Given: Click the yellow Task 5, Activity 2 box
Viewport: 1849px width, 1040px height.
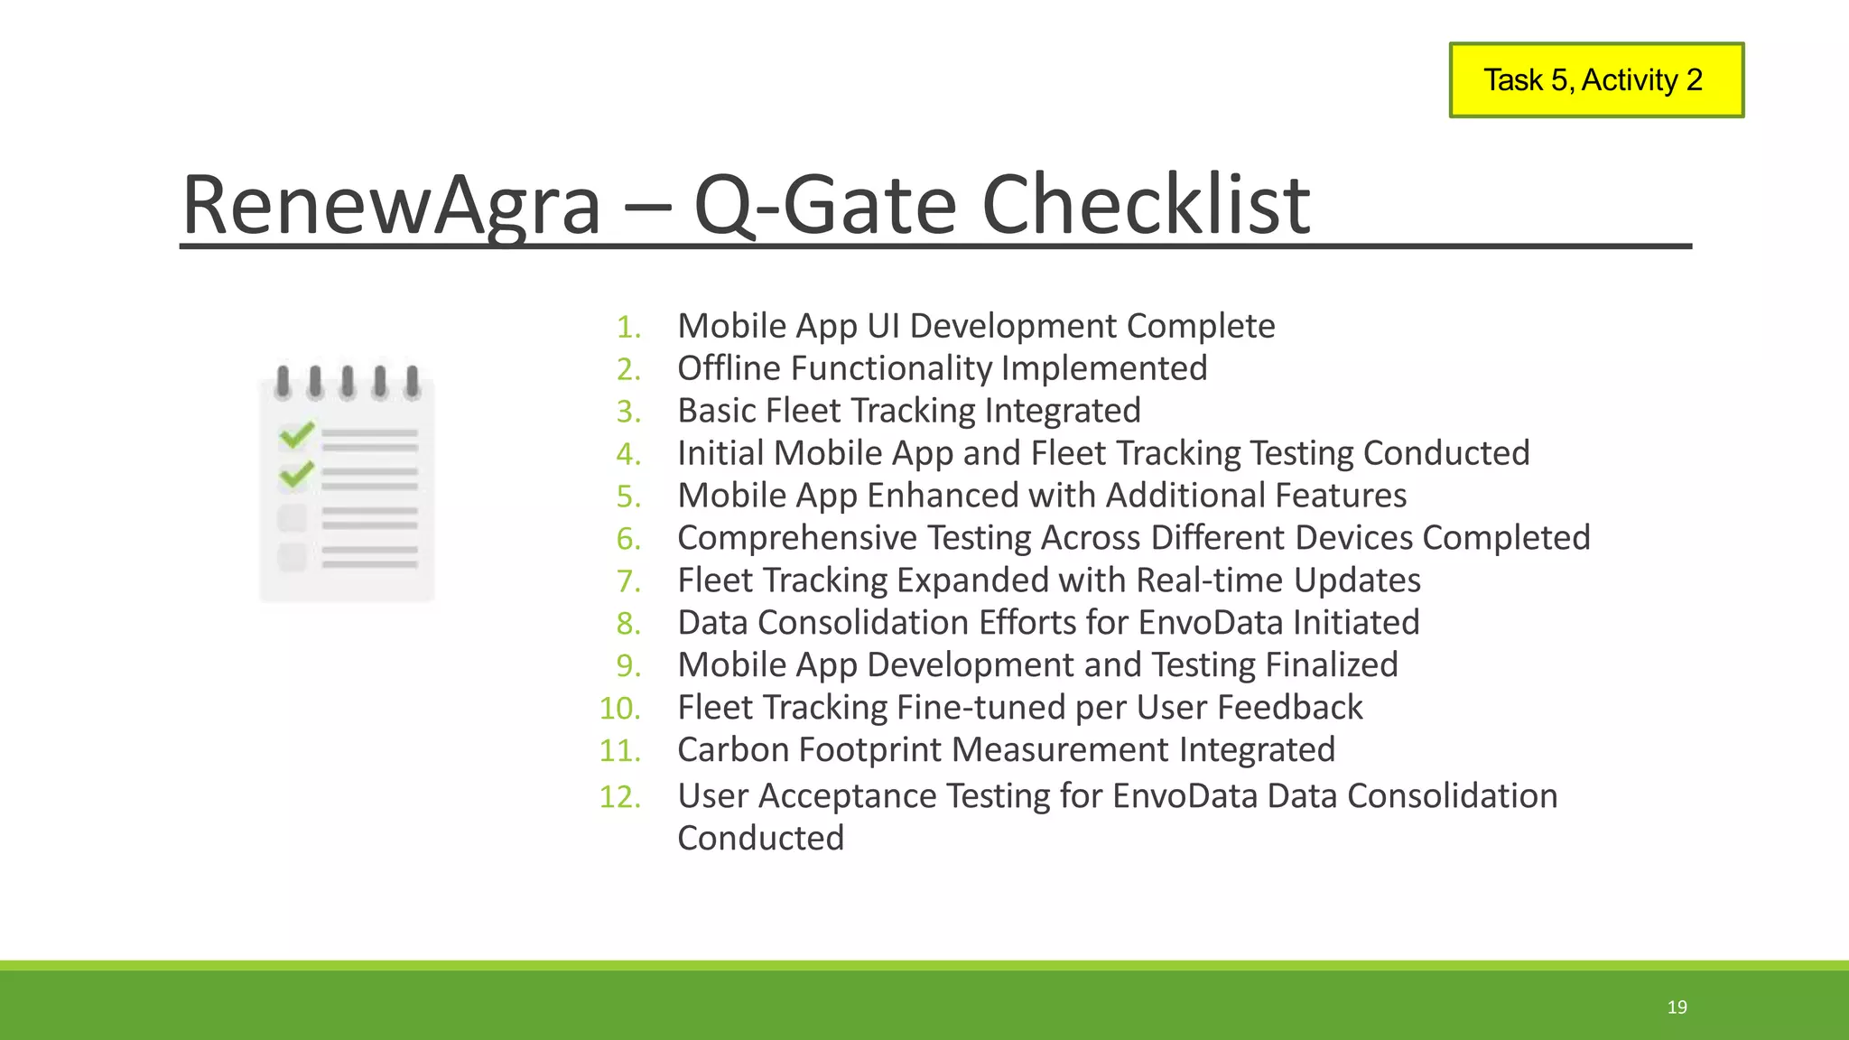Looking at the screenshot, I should point(1595,80).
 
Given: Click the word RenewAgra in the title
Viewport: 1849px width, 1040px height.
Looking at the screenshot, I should point(391,205).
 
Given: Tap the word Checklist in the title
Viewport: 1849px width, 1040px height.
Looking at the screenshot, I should point(1145,205).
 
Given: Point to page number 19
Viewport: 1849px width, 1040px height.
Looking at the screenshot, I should point(1677,1007).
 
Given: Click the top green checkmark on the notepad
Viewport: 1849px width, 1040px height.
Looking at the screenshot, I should point(296,435).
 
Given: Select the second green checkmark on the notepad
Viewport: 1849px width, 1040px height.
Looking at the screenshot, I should point(296,474).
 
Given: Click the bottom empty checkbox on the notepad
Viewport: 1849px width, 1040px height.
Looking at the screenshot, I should point(293,557).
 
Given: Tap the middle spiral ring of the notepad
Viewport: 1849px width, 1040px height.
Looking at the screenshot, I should point(348,382).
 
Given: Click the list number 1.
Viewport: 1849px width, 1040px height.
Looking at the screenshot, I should point(628,328).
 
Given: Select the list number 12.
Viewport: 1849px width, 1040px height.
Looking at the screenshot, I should point(620,797).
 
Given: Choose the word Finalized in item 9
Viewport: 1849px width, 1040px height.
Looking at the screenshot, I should point(1332,665).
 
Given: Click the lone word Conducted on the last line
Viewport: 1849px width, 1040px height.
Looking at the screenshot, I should point(760,839).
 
